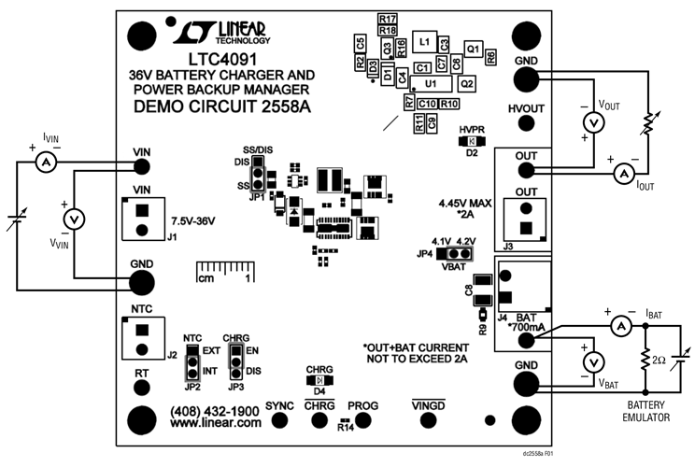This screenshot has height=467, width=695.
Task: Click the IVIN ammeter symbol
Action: coord(41,162)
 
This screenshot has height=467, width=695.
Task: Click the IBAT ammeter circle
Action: coord(617,325)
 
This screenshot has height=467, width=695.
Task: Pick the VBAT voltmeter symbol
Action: coord(589,361)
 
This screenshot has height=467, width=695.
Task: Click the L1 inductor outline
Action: coord(424,43)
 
